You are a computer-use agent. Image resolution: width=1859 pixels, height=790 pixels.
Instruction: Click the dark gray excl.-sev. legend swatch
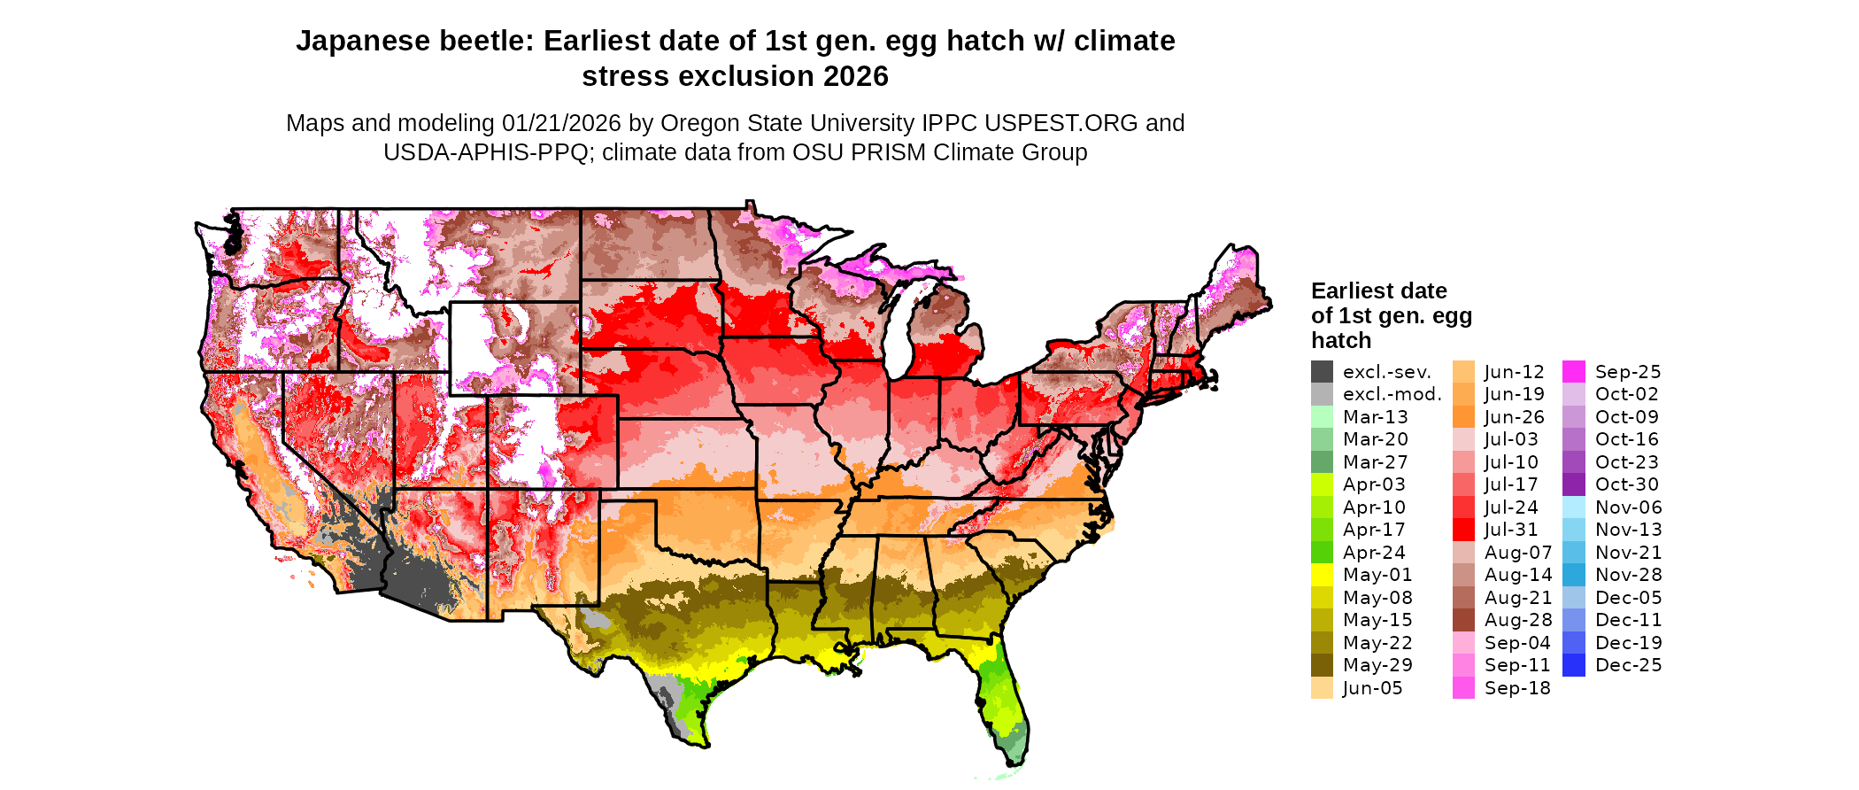tap(1322, 372)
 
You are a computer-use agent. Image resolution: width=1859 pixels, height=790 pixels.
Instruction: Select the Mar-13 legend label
tap(1375, 417)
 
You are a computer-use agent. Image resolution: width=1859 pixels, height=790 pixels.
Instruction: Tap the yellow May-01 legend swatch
tap(1322, 575)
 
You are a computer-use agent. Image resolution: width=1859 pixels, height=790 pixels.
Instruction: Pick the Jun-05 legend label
tap(1372, 688)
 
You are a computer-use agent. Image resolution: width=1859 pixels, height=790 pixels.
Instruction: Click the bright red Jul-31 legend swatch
tap(1463, 530)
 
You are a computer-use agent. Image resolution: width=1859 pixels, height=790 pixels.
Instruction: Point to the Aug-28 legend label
tap(1518, 620)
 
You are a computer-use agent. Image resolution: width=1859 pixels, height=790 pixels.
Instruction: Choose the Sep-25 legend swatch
tap(1574, 372)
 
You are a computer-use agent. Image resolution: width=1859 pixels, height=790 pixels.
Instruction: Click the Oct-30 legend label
tap(1627, 484)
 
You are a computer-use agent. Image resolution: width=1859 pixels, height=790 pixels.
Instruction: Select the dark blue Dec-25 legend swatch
tap(1574, 665)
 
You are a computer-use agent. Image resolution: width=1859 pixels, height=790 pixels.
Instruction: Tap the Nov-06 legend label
tap(1629, 507)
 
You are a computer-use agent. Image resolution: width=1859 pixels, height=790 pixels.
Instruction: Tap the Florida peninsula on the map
tap(1005, 700)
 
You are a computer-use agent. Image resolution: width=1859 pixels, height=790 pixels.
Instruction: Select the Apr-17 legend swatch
tap(1322, 530)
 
